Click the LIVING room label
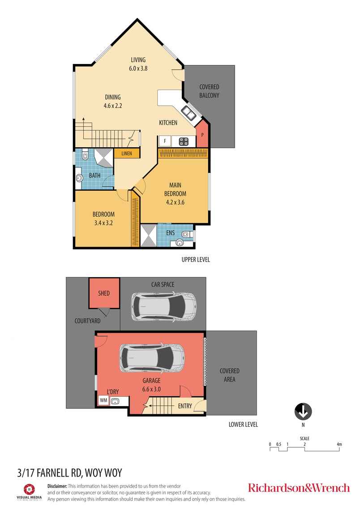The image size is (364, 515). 138,60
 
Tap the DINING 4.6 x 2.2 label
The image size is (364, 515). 112,101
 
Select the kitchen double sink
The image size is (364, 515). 188,113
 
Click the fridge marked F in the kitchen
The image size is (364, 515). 165,141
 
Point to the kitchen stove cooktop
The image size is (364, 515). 184,141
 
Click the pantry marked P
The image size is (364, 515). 202,134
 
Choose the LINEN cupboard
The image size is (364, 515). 127,154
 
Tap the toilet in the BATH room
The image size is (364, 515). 85,154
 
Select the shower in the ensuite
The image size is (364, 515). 149,235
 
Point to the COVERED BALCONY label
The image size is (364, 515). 209,91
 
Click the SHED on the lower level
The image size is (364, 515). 104,293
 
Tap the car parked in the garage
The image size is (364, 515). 151,358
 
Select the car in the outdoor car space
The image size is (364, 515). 164,307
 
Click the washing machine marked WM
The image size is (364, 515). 104,400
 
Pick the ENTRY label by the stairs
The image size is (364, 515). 185,406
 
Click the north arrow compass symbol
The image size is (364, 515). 303,412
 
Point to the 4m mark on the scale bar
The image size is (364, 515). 339,444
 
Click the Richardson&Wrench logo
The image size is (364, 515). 299,488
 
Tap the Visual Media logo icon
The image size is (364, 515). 29,489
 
